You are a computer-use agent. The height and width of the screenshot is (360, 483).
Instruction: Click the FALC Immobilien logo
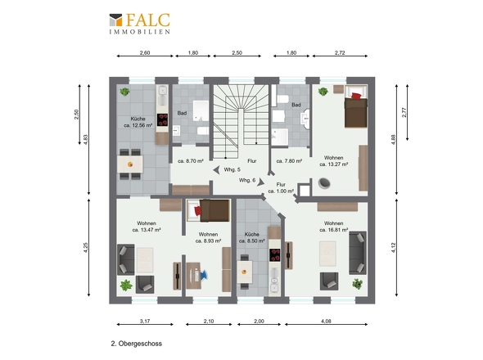pyautogui.click(x=139, y=24)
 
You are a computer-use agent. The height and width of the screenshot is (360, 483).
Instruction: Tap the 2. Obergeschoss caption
pyautogui.click(x=137, y=344)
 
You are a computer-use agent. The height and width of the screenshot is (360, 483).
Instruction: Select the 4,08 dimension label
pyautogui.click(x=326, y=321)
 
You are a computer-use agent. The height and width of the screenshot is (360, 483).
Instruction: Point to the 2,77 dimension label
pyautogui.click(x=404, y=112)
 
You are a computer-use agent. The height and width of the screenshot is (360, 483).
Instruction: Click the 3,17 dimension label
pyautogui.click(x=145, y=321)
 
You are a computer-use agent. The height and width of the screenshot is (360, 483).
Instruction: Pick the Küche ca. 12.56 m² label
pyautogui.click(x=138, y=122)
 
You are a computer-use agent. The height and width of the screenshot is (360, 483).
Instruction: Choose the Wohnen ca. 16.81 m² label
pyautogui.click(x=334, y=227)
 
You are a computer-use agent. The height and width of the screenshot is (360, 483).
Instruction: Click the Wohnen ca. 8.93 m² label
pyautogui.click(x=208, y=237)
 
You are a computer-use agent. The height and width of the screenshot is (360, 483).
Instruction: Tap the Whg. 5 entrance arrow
pyautogui.click(x=217, y=170)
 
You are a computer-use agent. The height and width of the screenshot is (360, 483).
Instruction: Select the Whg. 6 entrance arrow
pyautogui.click(x=260, y=182)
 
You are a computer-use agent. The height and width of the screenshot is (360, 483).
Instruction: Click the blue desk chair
pyautogui.click(x=204, y=275)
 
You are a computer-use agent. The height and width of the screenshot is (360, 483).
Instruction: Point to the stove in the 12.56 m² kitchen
pyautogui.click(x=162, y=120)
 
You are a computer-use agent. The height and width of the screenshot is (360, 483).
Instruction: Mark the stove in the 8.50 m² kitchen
pyautogui.click(x=275, y=255)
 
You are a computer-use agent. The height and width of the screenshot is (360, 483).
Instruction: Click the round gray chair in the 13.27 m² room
pyautogui.click(x=324, y=183)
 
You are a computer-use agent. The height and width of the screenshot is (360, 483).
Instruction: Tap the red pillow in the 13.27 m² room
pyautogui.click(x=356, y=96)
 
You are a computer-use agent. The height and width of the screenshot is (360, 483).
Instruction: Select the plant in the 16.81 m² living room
pyautogui.click(x=357, y=284)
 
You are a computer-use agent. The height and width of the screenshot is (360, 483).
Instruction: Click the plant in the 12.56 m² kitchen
pyautogui.click(x=124, y=92)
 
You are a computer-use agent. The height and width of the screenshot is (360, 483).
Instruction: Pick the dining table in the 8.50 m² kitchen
pyautogui.click(x=245, y=272)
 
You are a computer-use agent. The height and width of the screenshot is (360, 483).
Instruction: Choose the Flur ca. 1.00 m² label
pyautogui.click(x=281, y=188)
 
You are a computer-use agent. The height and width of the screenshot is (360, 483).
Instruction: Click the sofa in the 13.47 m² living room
pyautogui.click(x=126, y=259)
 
